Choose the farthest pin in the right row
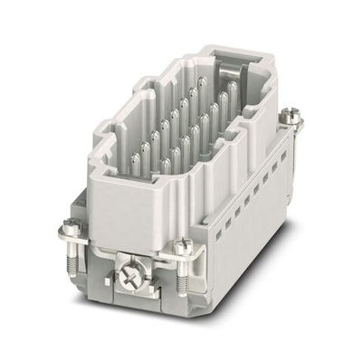pyautogui.click(x=233, y=88)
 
